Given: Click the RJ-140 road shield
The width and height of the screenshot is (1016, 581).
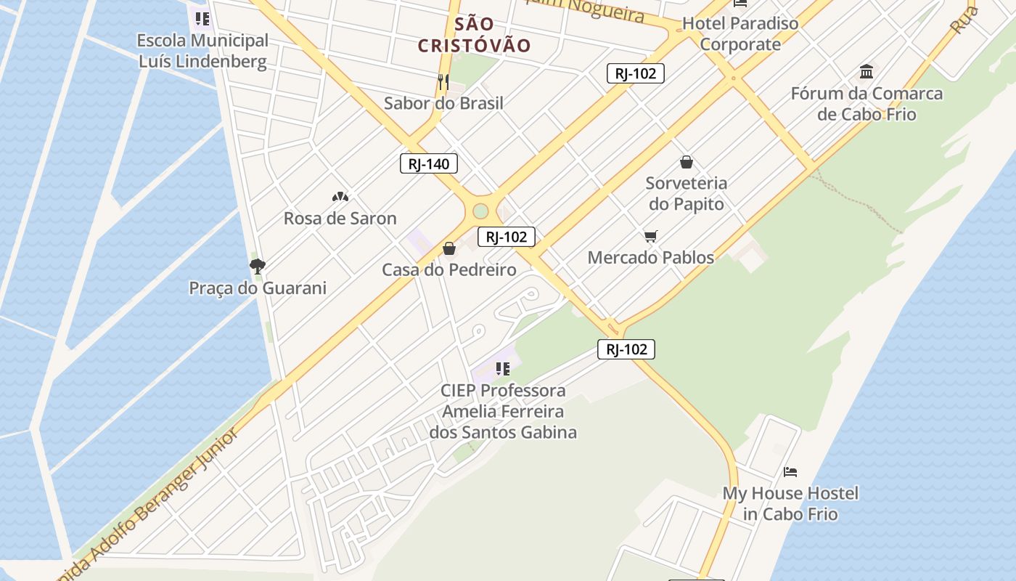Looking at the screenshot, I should click(429, 163).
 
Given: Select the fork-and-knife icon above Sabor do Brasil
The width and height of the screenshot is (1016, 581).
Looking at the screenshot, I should click(443, 81).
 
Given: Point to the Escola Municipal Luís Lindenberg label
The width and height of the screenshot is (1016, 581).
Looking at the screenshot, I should click(202, 51).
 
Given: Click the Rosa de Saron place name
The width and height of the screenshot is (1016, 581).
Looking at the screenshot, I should click(340, 218).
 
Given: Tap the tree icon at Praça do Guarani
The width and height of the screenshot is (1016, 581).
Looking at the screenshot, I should click(257, 266).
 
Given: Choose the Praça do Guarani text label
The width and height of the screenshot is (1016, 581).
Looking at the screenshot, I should click(258, 288).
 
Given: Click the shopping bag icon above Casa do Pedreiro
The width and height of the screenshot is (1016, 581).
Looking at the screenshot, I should click(449, 249).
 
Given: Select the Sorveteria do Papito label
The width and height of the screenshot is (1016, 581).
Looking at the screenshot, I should click(687, 193).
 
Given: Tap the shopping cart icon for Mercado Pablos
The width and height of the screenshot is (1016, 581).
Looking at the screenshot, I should click(651, 236).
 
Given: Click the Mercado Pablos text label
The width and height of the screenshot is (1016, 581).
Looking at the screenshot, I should click(651, 257).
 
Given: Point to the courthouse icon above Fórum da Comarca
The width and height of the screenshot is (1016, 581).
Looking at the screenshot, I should click(867, 71).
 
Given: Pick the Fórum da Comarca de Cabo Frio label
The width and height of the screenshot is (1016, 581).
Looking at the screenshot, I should click(867, 104).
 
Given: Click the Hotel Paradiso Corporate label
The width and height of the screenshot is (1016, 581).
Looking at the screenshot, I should click(740, 33).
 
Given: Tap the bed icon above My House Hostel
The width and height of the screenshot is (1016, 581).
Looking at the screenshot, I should click(790, 472).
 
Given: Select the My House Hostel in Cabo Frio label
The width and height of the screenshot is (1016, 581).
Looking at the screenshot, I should click(790, 503).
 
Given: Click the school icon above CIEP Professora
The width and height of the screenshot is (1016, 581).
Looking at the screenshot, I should click(502, 369).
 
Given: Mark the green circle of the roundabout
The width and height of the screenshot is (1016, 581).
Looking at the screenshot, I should click(480, 211).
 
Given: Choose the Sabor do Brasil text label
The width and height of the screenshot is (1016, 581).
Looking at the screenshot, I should click(443, 103).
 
